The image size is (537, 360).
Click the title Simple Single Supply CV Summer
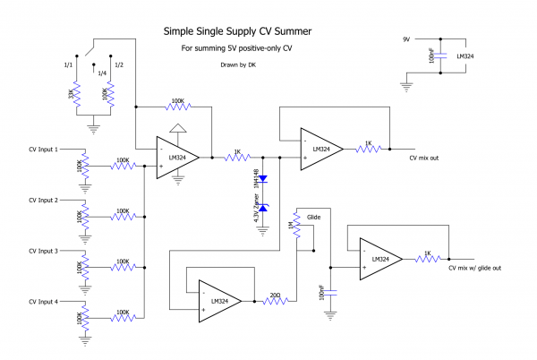[x=237, y=31]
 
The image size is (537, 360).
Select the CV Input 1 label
[x=44, y=149]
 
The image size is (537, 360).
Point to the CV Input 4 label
[x=44, y=302]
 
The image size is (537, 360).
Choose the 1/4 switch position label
[x=102, y=73]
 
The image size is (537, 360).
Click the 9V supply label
[x=406, y=40]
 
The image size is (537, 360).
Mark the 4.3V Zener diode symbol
[x=263, y=208]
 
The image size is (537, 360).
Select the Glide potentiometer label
[x=313, y=216]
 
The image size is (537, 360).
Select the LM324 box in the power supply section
[x=465, y=56]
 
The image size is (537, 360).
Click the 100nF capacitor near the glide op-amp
[x=330, y=292]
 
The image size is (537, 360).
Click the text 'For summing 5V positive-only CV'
[x=236, y=48]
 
